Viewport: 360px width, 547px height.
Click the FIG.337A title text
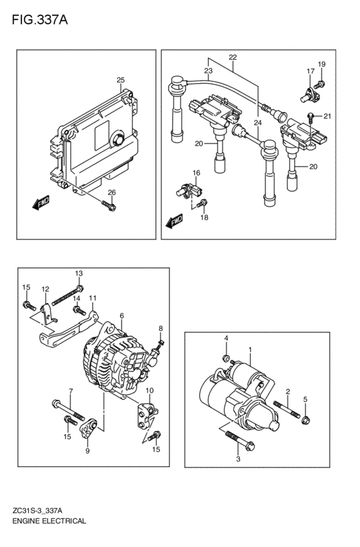[x=40, y=20]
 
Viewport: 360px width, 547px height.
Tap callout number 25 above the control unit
[x=120, y=80]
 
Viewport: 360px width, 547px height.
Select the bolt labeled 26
[x=109, y=206]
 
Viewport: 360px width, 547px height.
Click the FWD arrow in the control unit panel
[x=40, y=202]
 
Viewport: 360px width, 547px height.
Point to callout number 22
[x=233, y=57]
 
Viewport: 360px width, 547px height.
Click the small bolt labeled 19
[x=319, y=84]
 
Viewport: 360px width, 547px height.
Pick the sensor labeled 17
[x=310, y=95]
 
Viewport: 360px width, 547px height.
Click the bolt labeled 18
[x=203, y=203]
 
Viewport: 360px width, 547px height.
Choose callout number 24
[x=257, y=123]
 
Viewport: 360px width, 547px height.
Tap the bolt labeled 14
[x=80, y=310]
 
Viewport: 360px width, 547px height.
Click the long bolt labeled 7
[x=68, y=410]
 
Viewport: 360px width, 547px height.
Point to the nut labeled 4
[x=226, y=358]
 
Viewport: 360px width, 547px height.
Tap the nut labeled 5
[x=305, y=420]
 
